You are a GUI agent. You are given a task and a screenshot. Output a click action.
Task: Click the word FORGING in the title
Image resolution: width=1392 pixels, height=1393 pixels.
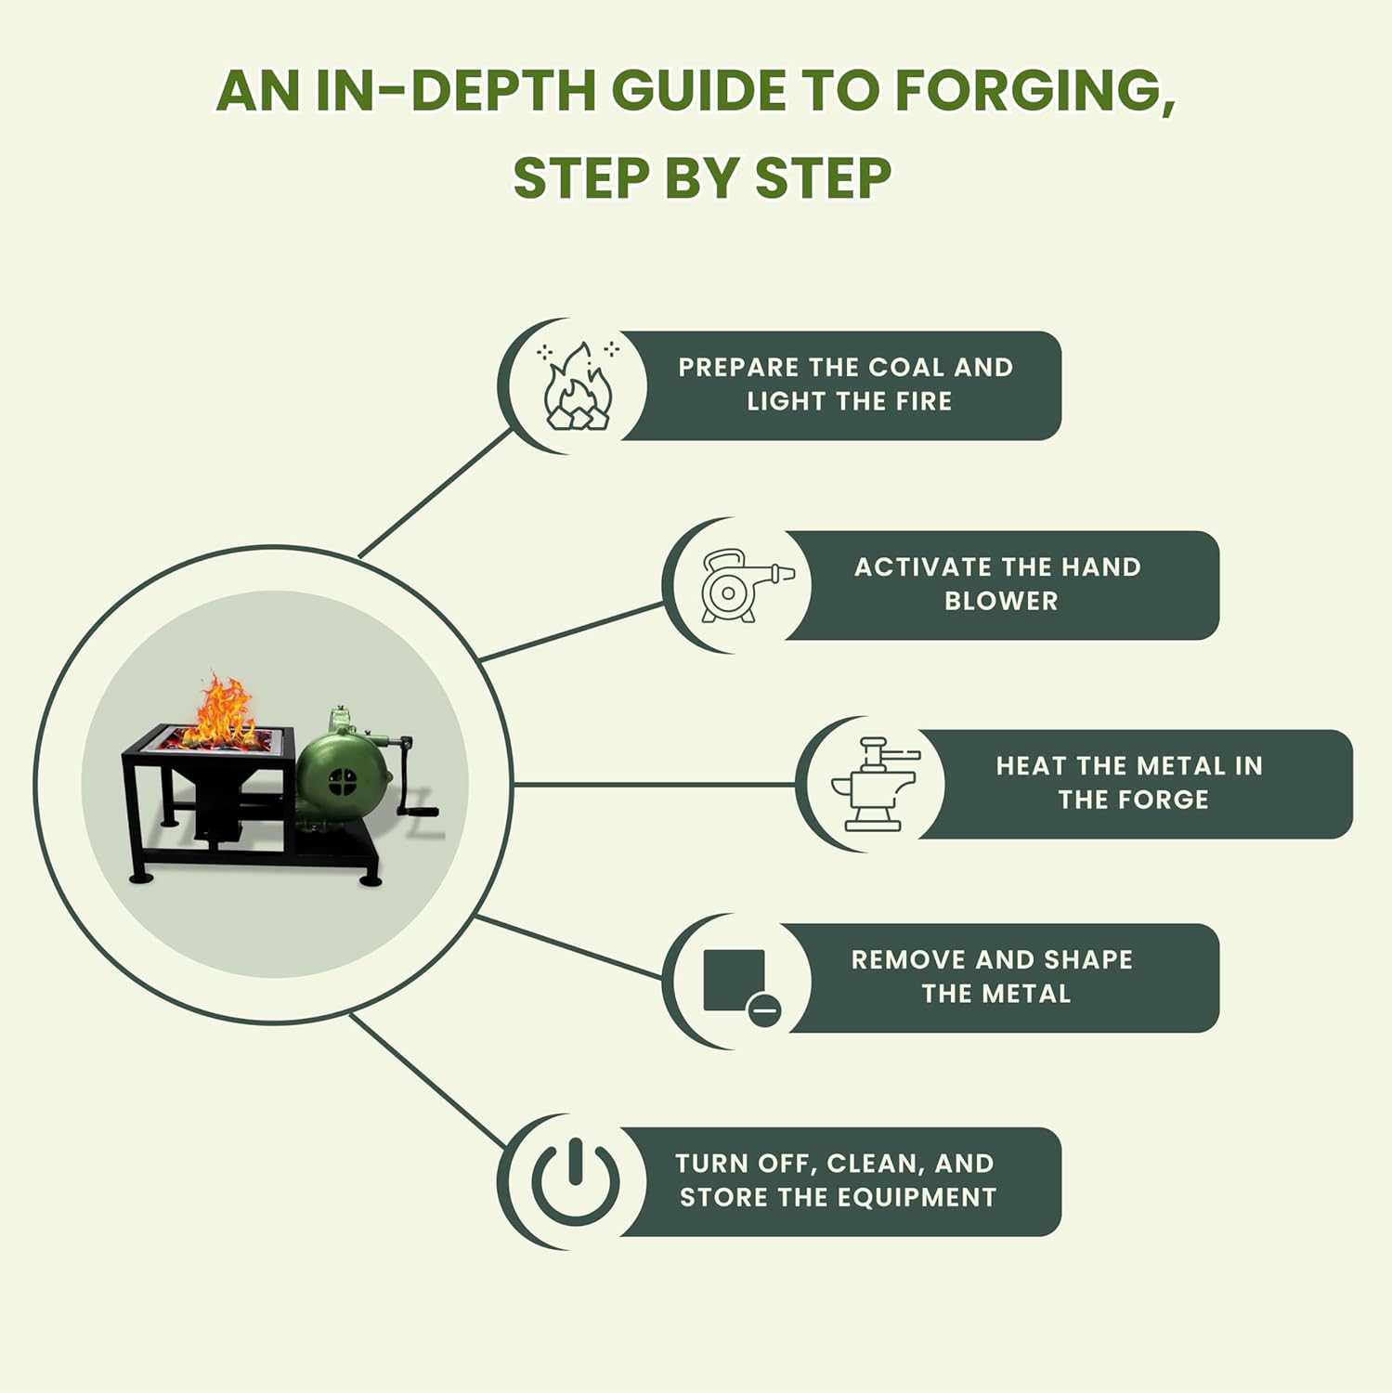(1034, 91)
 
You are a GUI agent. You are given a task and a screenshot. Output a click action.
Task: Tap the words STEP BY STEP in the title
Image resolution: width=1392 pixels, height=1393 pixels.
(702, 178)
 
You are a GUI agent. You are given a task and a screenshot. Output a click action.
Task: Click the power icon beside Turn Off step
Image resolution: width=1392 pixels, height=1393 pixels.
(576, 1180)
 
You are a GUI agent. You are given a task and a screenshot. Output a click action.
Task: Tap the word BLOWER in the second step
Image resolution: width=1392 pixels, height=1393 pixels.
(1001, 601)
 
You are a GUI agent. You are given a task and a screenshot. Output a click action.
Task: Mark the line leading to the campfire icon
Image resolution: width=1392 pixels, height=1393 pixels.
(436, 492)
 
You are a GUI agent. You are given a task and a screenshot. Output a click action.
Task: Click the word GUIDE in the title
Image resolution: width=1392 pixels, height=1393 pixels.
(696, 91)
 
